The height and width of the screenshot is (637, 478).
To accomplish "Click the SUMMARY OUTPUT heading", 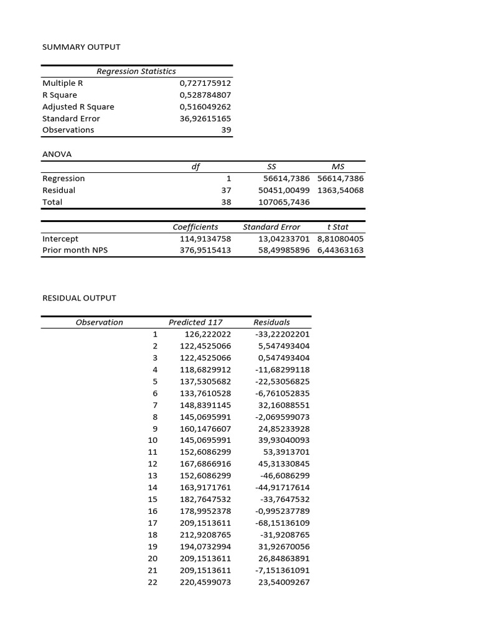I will point(81,47).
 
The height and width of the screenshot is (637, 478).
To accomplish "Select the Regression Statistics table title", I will point(136,72).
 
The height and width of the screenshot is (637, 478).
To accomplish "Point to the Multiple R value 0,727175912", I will point(205,83).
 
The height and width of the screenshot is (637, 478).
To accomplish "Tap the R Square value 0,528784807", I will point(205,95).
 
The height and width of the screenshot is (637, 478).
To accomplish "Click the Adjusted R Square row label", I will point(78,107).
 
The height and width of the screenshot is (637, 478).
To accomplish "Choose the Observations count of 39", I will point(226,130).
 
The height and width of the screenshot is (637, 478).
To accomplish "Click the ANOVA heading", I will point(57,154).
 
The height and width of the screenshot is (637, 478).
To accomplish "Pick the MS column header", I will point(339,167).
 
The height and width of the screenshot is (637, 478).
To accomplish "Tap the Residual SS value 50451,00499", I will point(284,190).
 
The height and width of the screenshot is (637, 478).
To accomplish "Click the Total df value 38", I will point(226,202).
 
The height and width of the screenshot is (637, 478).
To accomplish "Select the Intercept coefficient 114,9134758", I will point(205,239).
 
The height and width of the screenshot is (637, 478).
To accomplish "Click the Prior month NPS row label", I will point(75,251).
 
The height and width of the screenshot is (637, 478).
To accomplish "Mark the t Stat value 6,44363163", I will point(340,251).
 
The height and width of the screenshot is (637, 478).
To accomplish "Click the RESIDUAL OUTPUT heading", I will point(79,298).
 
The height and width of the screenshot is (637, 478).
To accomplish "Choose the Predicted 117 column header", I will point(195,322).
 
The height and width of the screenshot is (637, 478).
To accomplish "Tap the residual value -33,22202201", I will point(282,334).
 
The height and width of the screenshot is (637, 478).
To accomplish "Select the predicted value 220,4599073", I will point(205,582).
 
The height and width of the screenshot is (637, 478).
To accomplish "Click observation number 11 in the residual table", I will point(152,452).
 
